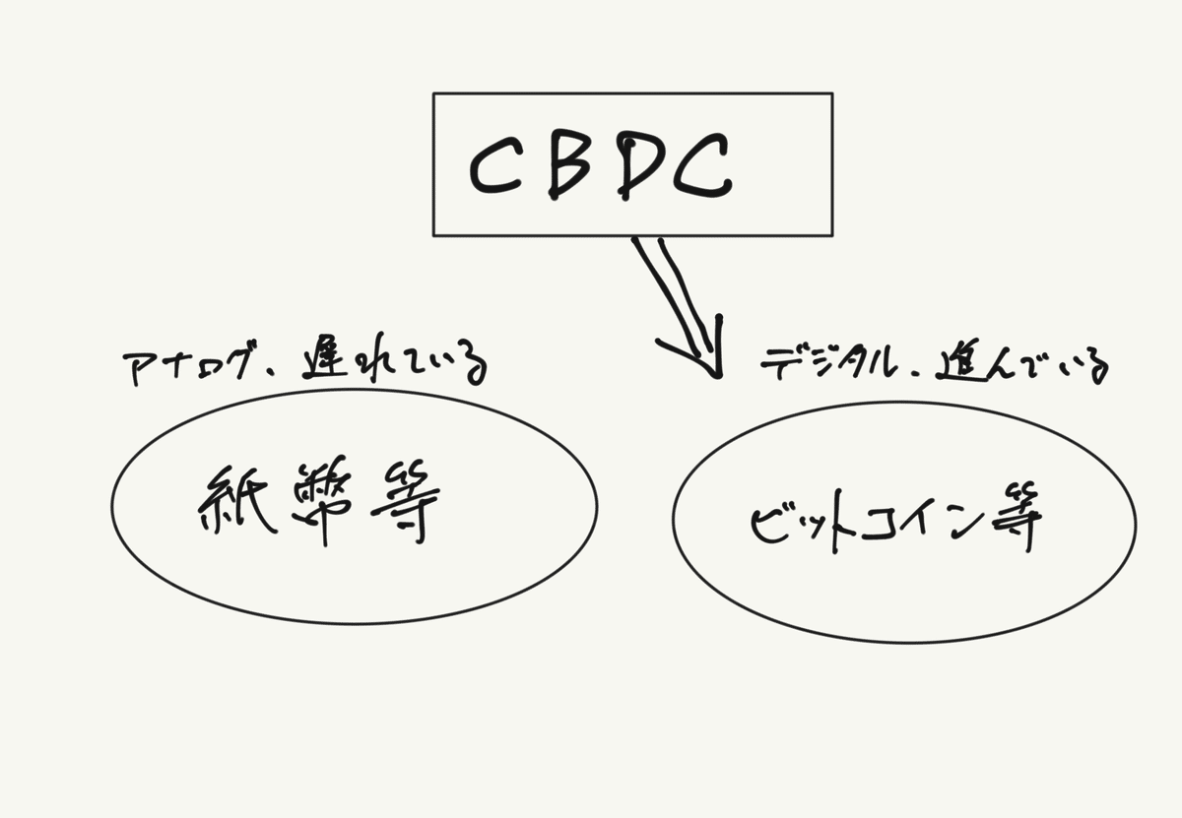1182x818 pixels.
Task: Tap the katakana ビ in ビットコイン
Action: coord(767,528)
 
